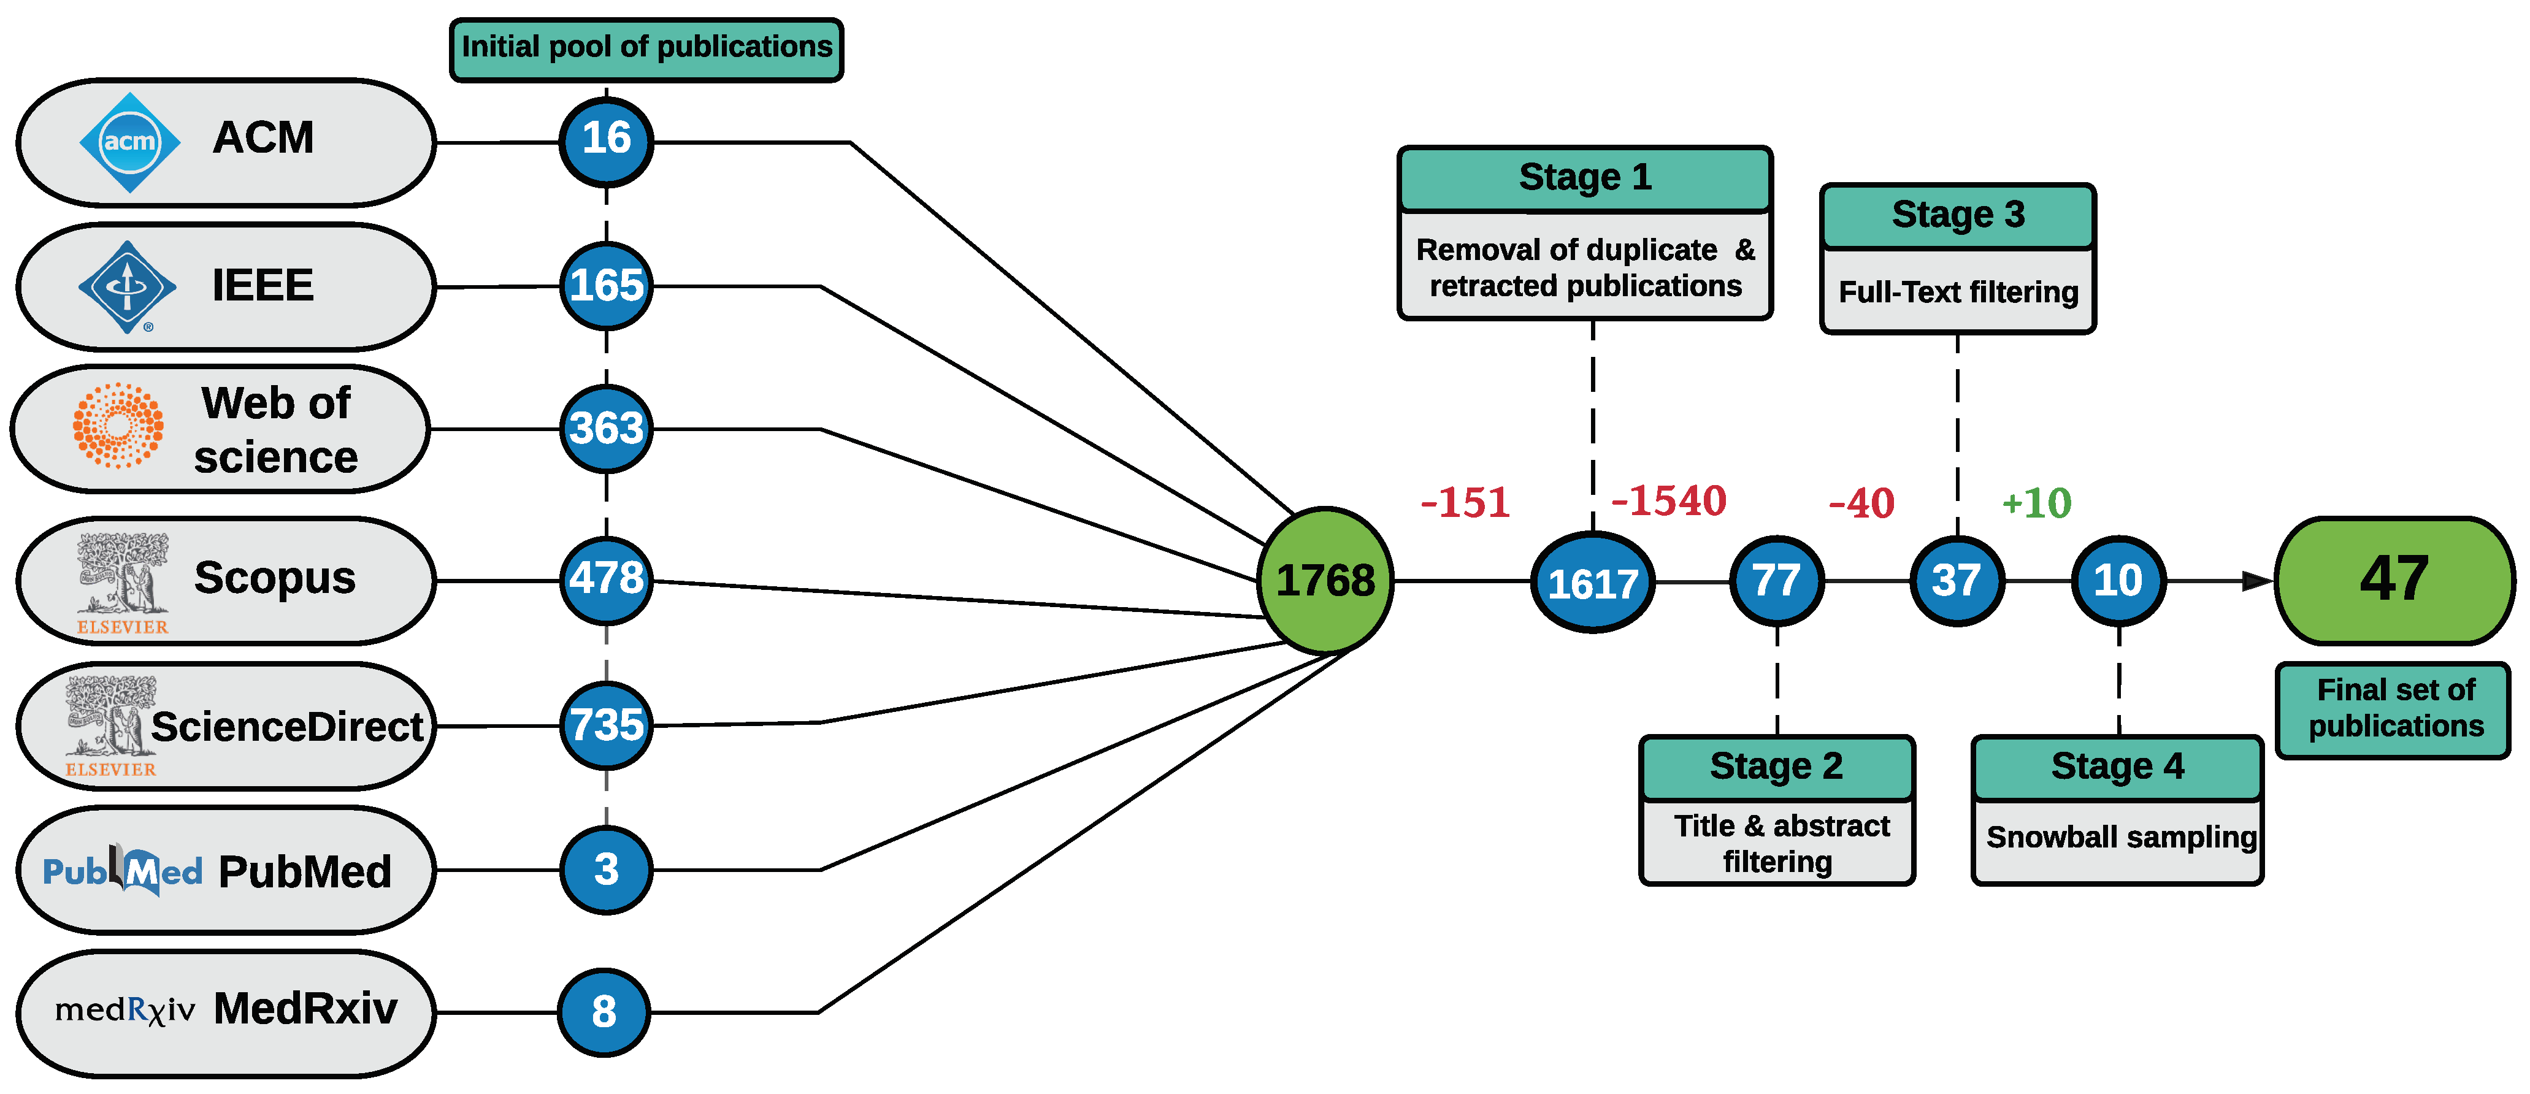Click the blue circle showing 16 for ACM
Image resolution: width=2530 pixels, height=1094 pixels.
click(x=606, y=140)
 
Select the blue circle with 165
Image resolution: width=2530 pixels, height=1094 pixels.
click(x=606, y=286)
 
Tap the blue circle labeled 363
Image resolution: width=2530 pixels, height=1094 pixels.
click(x=606, y=428)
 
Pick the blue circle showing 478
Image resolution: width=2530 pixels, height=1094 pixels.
click(x=606, y=580)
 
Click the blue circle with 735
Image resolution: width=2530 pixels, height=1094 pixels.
click(x=606, y=725)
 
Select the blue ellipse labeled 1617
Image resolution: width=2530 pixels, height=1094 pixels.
click(x=1592, y=583)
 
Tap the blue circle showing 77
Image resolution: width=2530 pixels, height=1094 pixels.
click(x=1777, y=580)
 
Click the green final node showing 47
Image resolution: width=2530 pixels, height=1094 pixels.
click(x=2394, y=580)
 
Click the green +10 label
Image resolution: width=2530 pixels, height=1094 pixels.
click(x=2036, y=503)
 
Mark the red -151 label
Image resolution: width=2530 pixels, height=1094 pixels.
click(x=1465, y=503)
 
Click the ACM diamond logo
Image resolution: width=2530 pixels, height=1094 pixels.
click(x=129, y=142)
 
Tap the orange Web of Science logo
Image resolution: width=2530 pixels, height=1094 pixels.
click(x=118, y=425)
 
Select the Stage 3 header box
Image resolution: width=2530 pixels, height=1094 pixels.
click(x=1957, y=215)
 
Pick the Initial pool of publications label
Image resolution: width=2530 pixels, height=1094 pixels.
click(x=646, y=48)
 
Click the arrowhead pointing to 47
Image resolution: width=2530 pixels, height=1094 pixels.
click(x=2257, y=581)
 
